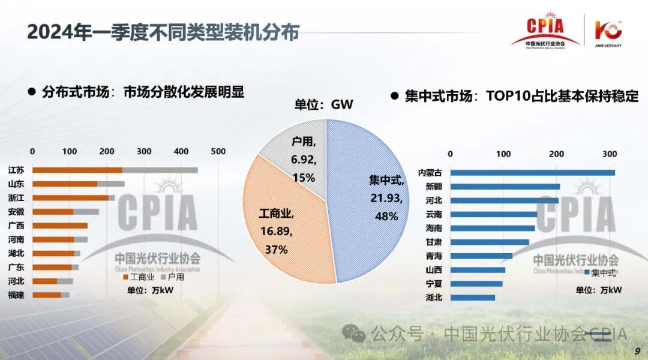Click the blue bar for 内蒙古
pos(532,173)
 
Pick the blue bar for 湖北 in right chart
pos(473,297)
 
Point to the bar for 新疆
pos(505,187)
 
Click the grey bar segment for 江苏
pos(160,170)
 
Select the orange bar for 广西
pos(60,226)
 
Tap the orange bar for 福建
pos(47,295)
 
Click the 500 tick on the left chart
pos(218,151)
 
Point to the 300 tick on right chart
pos(610,154)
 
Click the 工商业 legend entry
pos(139,277)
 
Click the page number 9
pos(637,350)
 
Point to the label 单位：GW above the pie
pos(323,105)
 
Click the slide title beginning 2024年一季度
pos(163,32)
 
